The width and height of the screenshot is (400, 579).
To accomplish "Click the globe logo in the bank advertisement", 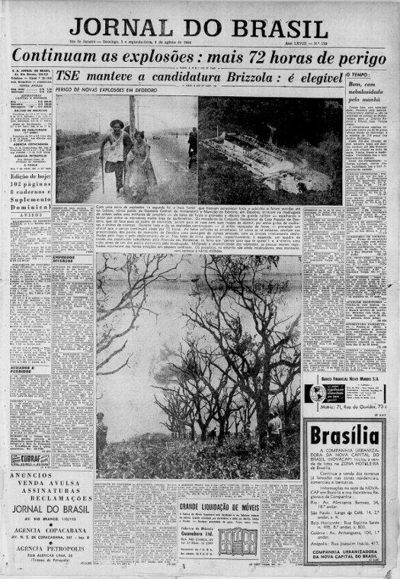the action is pos(315,394).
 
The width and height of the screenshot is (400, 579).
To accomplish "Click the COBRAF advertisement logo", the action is pos(30,458).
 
